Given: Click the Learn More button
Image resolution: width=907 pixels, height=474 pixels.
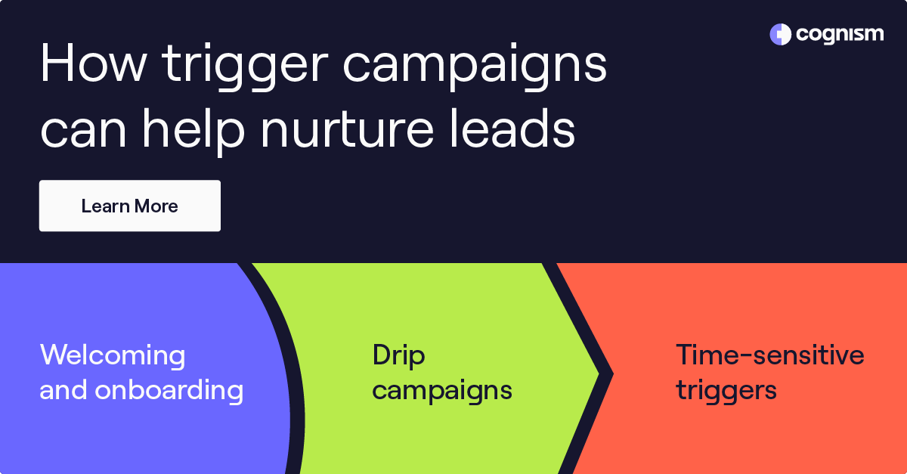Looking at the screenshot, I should pyautogui.click(x=130, y=206).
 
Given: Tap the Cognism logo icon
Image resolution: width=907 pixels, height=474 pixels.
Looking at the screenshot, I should pyautogui.click(x=780, y=34).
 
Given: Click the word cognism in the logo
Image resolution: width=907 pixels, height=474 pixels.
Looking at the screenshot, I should pyautogui.click(x=839, y=34).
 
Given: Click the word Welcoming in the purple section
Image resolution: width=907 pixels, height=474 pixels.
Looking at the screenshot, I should pyautogui.click(x=113, y=355).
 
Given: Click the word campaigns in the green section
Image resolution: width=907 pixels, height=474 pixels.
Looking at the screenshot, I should pyautogui.click(x=442, y=392).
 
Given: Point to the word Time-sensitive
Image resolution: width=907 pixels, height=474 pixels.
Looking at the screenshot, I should pyautogui.click(x=769, y=355).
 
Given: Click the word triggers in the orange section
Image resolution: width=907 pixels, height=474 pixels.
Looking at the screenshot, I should pyautogui.click(x=726, y=391).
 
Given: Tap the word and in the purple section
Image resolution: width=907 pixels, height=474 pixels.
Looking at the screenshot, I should pyautogui.click(x=63, y=391).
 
